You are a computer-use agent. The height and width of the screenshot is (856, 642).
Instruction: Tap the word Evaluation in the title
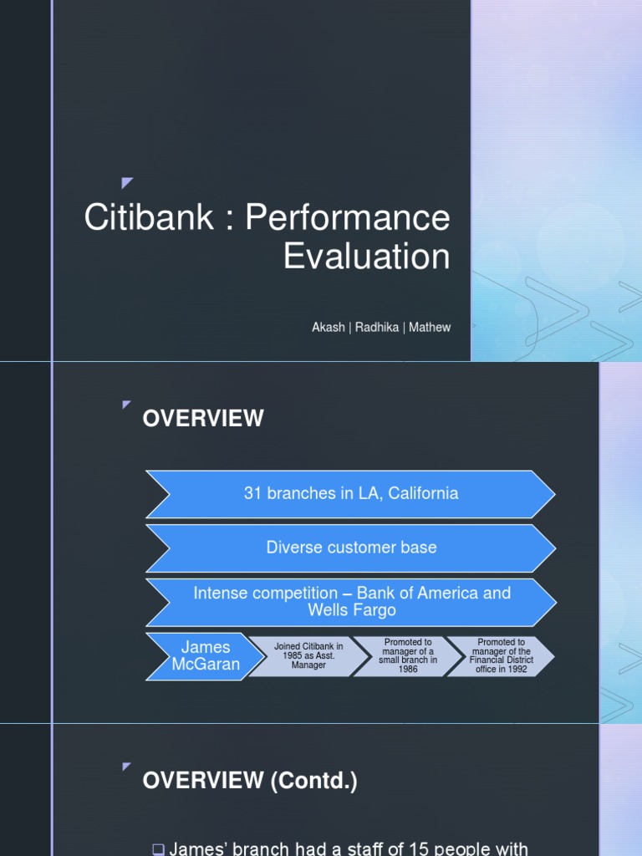(x=366, y=257)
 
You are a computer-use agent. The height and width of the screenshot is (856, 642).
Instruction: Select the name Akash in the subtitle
(x=329, y=328)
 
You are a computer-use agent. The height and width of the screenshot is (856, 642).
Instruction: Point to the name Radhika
(x=376, y=328)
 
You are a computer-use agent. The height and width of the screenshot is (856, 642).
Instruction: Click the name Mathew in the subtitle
(x=430, y=328)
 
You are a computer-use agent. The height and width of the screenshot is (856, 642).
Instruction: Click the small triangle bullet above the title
(x=127, y=183)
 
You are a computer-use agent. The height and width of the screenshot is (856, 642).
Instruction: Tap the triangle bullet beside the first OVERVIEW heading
(x=127, y=405)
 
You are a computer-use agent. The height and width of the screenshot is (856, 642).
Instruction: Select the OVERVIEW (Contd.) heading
(x=250, y=782)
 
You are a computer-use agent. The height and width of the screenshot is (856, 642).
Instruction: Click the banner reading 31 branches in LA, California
(x=351, y=493)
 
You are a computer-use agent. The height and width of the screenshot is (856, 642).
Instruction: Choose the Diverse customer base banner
(x=351, y=548)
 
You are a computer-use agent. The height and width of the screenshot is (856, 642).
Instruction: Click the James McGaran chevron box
(x=206, y=656)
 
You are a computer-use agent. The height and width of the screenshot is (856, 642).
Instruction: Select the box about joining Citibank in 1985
(x=309, y=656)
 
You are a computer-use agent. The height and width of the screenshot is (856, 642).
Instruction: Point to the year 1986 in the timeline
(x=409, y=670)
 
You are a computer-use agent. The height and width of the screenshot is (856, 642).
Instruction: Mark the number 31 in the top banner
(x=253, y=493)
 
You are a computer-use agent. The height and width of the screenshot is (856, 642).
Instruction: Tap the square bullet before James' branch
(x=159, y=849)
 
